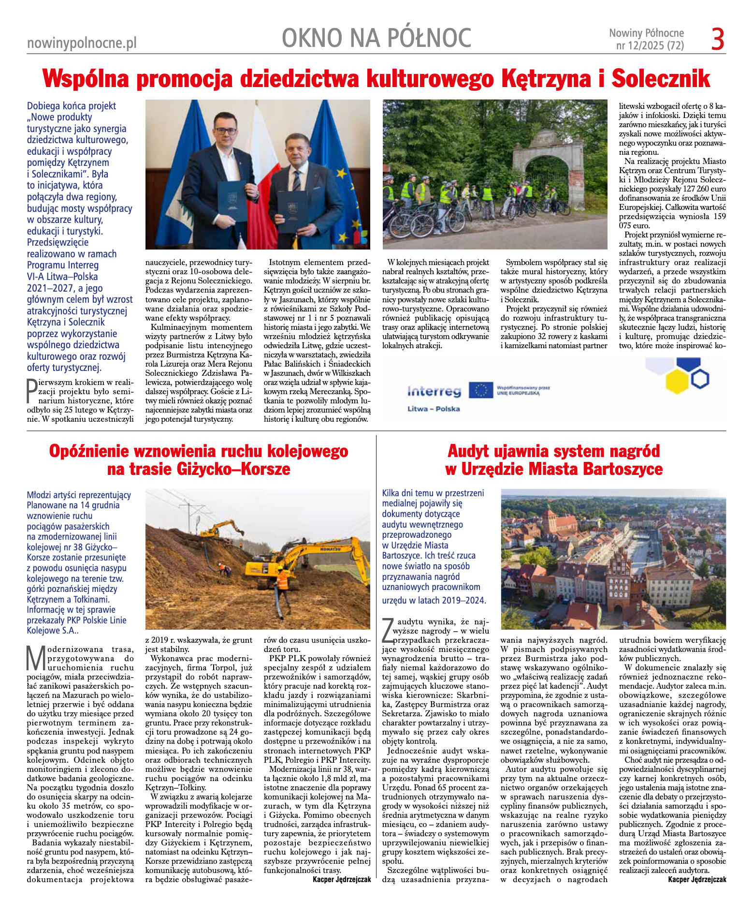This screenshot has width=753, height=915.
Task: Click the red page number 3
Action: [x=718, y=40]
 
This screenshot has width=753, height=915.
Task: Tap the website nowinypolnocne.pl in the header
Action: [x=82, y=43]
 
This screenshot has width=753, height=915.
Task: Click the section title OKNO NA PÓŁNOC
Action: [x=376, y=38]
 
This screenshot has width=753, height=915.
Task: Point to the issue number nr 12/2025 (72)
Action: [x=650, y=46]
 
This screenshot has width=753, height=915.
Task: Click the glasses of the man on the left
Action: [x=226, y=131]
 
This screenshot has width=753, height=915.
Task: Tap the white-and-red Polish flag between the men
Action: [x=263, y=160]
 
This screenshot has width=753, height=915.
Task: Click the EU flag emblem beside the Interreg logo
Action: [x=480, y=390]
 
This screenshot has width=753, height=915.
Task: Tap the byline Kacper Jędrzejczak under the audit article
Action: [x=696, y=879]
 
